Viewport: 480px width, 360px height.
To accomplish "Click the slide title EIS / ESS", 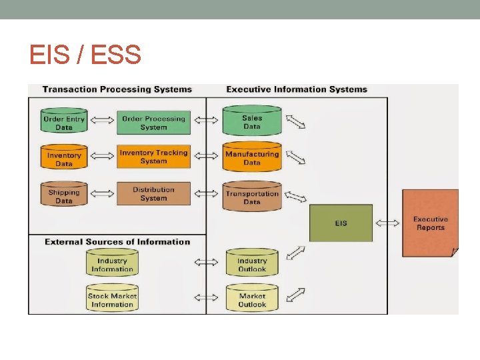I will [85, 54].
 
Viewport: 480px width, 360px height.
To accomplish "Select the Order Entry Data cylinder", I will [64, 123].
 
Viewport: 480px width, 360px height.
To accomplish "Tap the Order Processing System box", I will [154, 123].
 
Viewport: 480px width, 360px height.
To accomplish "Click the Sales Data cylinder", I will [252, 121].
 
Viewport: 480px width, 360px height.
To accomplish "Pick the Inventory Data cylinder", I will [64, 159].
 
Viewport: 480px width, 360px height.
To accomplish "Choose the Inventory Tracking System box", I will [154, 157].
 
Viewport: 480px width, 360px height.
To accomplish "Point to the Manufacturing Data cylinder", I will [252, 157].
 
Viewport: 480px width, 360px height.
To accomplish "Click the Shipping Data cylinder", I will [64, 196].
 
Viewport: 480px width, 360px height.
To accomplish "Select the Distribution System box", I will [154, 193].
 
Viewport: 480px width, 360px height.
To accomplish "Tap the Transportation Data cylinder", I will [252, 197].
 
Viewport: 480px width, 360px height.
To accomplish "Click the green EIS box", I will [341, 223].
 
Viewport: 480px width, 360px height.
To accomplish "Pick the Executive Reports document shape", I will [430, 223].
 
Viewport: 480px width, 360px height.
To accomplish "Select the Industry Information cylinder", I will [112, 265].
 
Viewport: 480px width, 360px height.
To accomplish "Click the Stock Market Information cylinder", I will [112, 299].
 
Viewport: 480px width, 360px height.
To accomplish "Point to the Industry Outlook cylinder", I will [252, 265].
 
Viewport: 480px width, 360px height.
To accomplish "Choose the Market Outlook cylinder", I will [252, 299].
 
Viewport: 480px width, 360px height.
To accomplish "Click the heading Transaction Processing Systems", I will [117, 89].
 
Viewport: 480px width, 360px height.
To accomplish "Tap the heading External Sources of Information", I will [117, 242].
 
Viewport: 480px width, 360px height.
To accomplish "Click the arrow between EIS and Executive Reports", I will [387, 223].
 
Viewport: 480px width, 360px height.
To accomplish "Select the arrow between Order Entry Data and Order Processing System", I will [102, 121].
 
